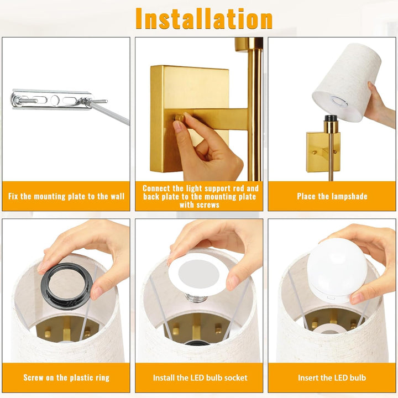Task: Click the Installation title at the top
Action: [204, 19]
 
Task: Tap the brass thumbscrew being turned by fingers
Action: [179, 118]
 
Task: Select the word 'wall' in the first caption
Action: [118, 196]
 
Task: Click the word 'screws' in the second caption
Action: [200, 205]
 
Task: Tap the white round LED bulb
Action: [337, 270]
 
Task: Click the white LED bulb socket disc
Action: [198, 274]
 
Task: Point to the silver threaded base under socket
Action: [196, 297]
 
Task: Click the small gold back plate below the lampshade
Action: [323, 152]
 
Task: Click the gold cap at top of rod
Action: [249, 44]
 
